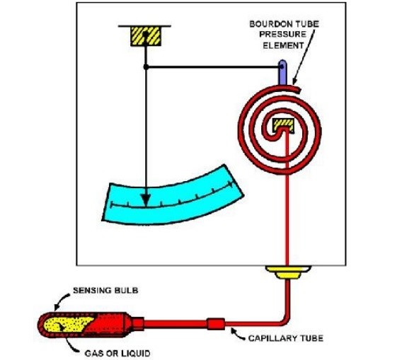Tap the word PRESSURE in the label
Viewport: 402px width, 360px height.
click(282, 35)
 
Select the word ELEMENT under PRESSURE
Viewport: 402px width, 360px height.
click(283, 45)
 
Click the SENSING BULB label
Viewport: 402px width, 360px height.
click(105, 290)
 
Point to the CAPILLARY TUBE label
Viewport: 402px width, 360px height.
click(286, 338)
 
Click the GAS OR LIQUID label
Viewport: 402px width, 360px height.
click(117, 354)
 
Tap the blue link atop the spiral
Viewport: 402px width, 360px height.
click(282, 72)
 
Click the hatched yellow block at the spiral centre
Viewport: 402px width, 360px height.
click(283, 126)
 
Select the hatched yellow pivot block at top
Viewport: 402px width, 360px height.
click(146, 36)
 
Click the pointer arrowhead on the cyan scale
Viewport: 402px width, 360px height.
click(146, 200)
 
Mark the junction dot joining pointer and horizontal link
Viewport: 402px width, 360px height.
click(146, 67)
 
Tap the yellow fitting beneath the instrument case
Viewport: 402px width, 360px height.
click(288, 272)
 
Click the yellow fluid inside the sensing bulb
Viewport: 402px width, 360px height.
click(67, 324)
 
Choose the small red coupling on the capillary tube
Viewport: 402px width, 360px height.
click(216, 324)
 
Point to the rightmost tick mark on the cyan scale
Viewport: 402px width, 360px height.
click(231, 185)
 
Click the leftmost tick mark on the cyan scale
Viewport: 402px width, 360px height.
click(112, 204)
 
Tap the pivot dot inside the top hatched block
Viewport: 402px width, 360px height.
click(145, 34)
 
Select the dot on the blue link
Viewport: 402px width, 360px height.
click(282, 66)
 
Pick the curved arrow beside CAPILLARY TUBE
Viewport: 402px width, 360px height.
click(237, 334)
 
